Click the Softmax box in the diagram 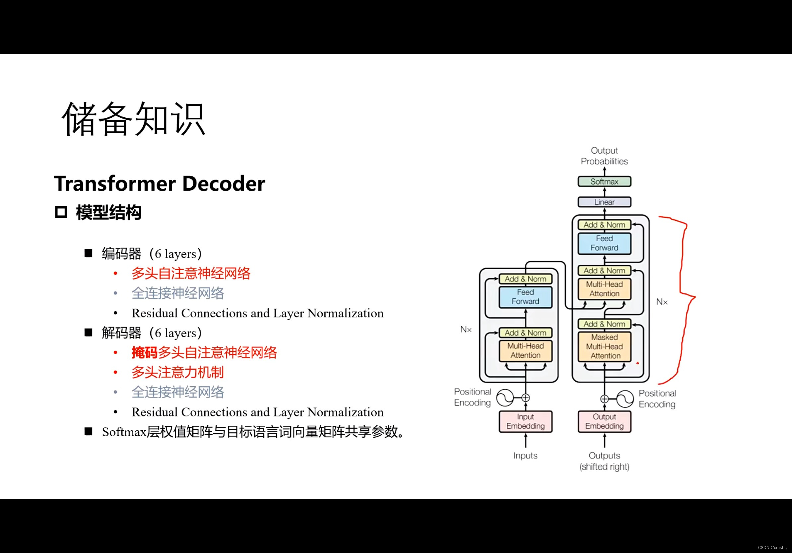pos(604,182)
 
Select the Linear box pos(604,202)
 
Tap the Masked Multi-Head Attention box pos(604,346)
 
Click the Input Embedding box pos(525,421)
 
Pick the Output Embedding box pos(604,421)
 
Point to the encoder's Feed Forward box pos(525,297)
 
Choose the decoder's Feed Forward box pos(604,243)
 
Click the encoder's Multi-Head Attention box pos(525,351)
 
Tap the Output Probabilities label pos(604,156)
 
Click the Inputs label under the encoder pos(525,456)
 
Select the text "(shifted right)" pos(604,467)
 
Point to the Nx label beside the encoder pos(466,330)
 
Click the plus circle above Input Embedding pos(525,398)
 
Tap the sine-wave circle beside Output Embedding pos(625,399)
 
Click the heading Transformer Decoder pos(160,183)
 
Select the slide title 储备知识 pos(134,119)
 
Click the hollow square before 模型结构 pos(61,212)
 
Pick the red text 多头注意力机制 pos(178,372)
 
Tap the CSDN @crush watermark pos(772,547)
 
